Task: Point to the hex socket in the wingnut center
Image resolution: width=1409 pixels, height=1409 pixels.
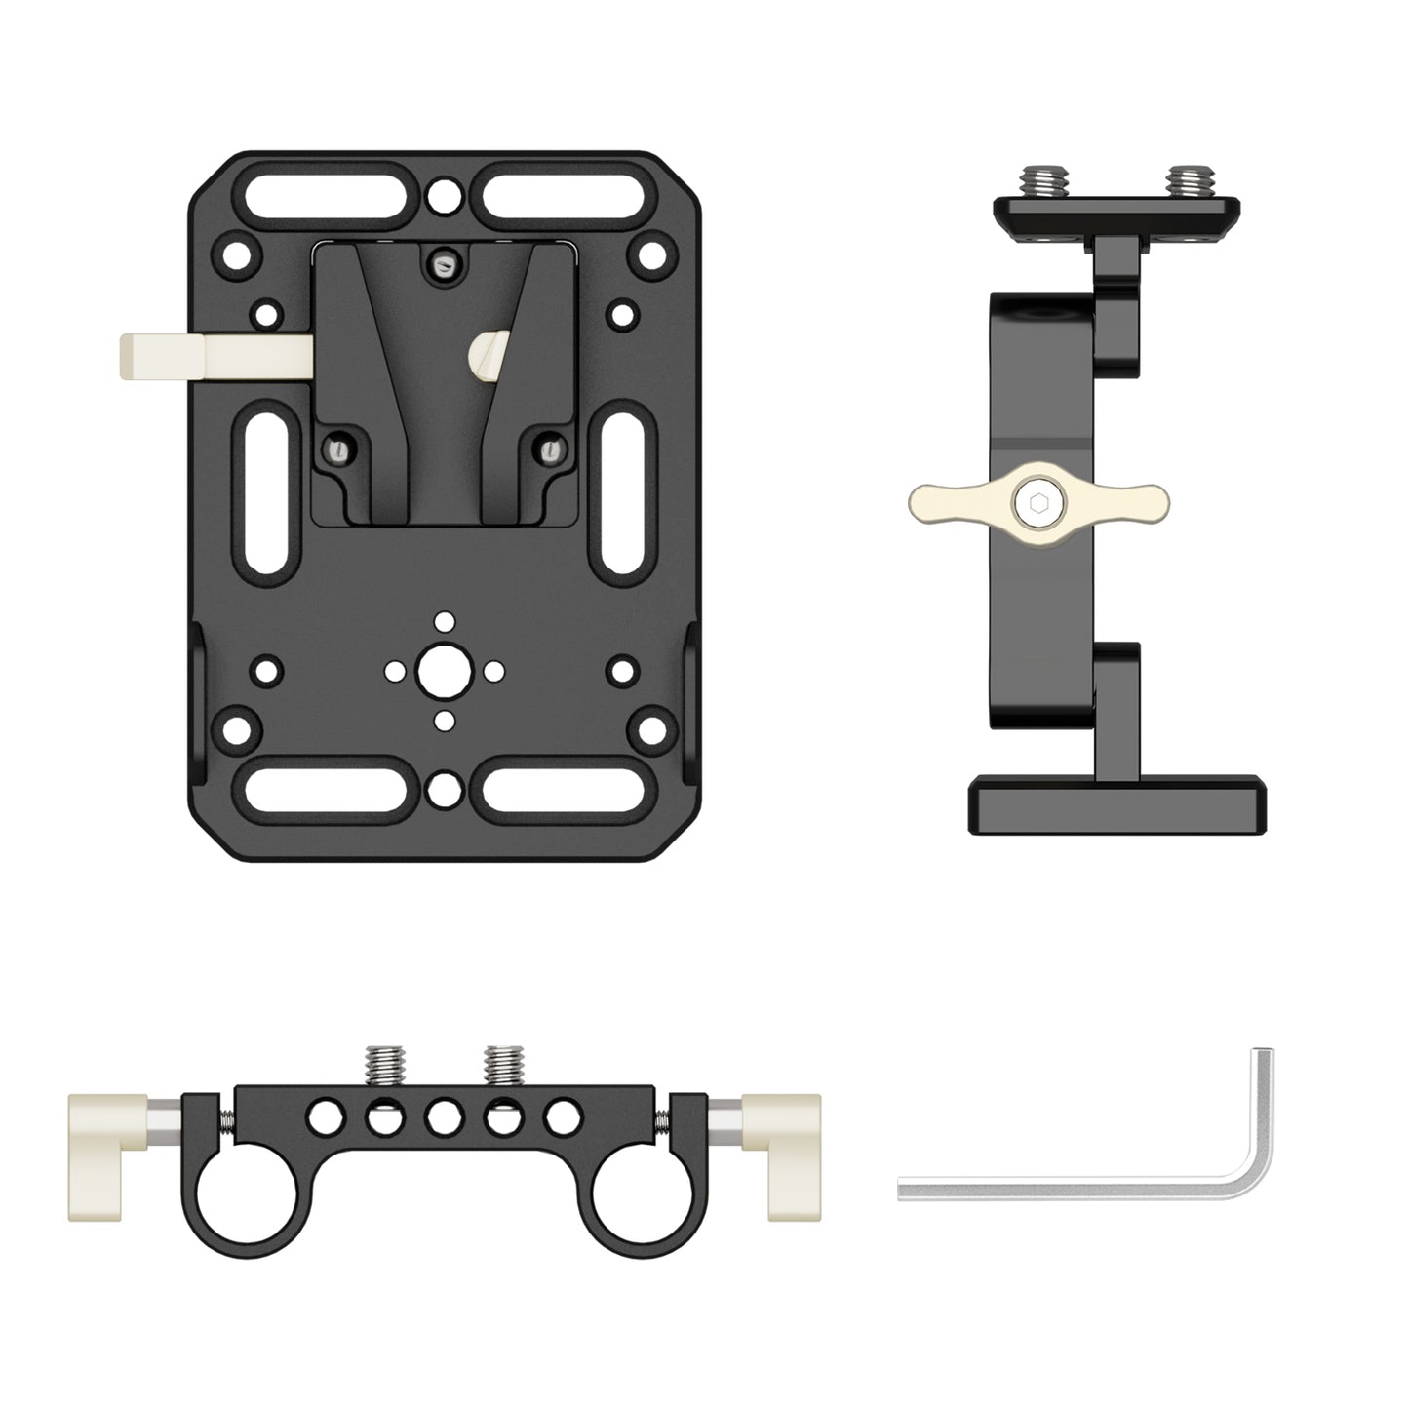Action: tap(1037, 504)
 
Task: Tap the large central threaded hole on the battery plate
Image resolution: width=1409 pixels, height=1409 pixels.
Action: tap(445, 671)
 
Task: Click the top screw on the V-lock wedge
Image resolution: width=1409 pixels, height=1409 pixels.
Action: tap(445, 261)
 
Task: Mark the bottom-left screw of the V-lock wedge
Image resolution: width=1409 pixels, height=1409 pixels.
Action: tap(337, 450)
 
